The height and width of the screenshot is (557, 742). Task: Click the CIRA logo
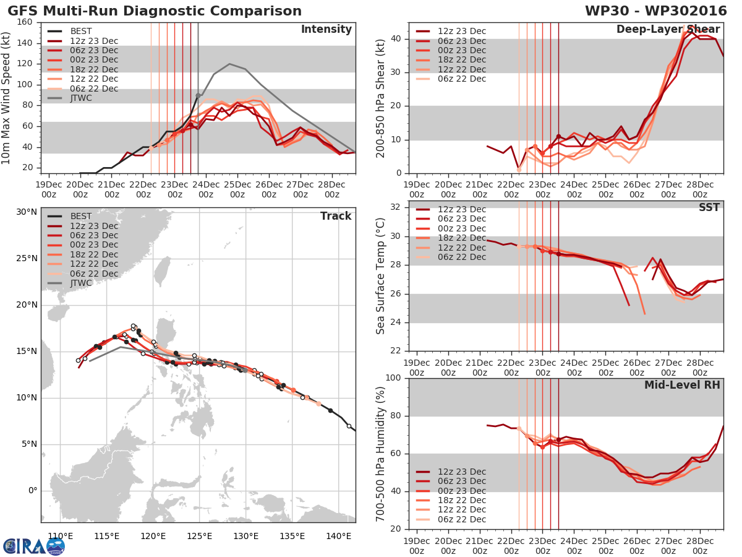34,546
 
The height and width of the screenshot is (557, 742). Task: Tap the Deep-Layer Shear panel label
668,30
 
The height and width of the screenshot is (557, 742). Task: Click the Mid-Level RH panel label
682,385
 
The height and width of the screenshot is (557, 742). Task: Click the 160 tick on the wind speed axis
25,22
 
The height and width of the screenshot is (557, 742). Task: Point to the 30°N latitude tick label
27,212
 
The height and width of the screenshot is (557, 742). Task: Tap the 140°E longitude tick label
338,536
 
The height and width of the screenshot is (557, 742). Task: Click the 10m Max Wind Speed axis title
7,97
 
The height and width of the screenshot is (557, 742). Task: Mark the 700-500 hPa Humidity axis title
380,454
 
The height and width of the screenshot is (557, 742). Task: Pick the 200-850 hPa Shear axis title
380,98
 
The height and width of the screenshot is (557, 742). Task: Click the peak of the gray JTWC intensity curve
229,64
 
